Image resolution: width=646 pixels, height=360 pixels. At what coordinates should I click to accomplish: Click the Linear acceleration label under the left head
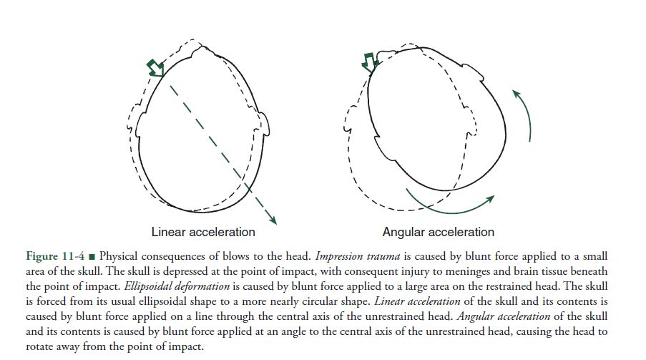(203, 232)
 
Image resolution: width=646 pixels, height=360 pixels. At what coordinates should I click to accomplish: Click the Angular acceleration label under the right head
(438, 232)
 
